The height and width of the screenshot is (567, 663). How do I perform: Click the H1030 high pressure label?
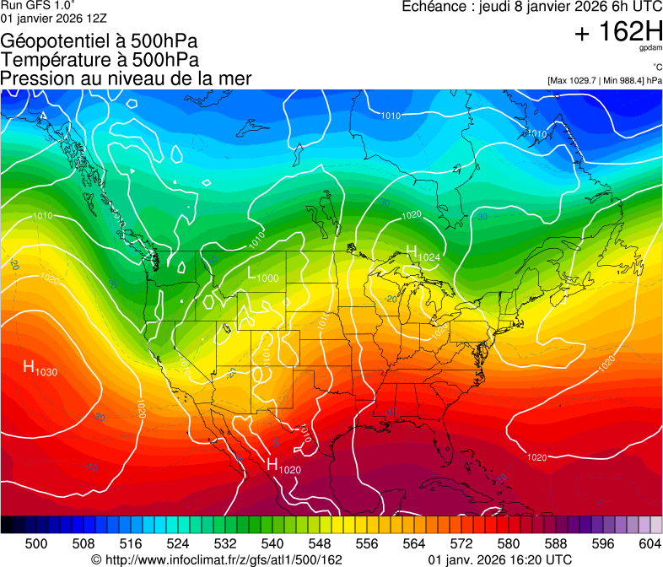tap(40, 368)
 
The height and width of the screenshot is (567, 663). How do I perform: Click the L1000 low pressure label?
tap(262, 274)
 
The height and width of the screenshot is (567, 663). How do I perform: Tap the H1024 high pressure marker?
tap(423, 252)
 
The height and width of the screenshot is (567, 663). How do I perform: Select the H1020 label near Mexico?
tap(284, 465)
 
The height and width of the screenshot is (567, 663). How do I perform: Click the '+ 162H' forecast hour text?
tap(617, 33)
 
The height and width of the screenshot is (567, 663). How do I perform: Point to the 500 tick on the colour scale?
tap(36, 544)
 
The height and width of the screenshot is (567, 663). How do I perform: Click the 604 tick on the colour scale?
tap(650, 544)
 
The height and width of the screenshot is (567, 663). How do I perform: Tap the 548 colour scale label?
tap(320, 544)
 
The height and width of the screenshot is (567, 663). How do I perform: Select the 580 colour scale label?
tap(509, 544)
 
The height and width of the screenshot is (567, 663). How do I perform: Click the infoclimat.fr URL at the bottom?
tap(217, 559)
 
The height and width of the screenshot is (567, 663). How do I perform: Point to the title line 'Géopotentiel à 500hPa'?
tap(100, 41)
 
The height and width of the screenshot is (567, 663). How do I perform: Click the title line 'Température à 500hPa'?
tap(100, 60)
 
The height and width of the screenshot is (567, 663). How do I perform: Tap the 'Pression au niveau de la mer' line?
tap(127, 78)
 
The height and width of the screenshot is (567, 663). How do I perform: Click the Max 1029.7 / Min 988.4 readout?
tap(604, 81)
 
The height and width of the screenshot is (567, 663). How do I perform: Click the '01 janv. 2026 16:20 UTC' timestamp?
tap(500, 559)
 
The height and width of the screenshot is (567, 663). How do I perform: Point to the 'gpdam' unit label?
tap(650, 49)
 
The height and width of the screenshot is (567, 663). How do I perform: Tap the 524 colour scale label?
tap(178, 544)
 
